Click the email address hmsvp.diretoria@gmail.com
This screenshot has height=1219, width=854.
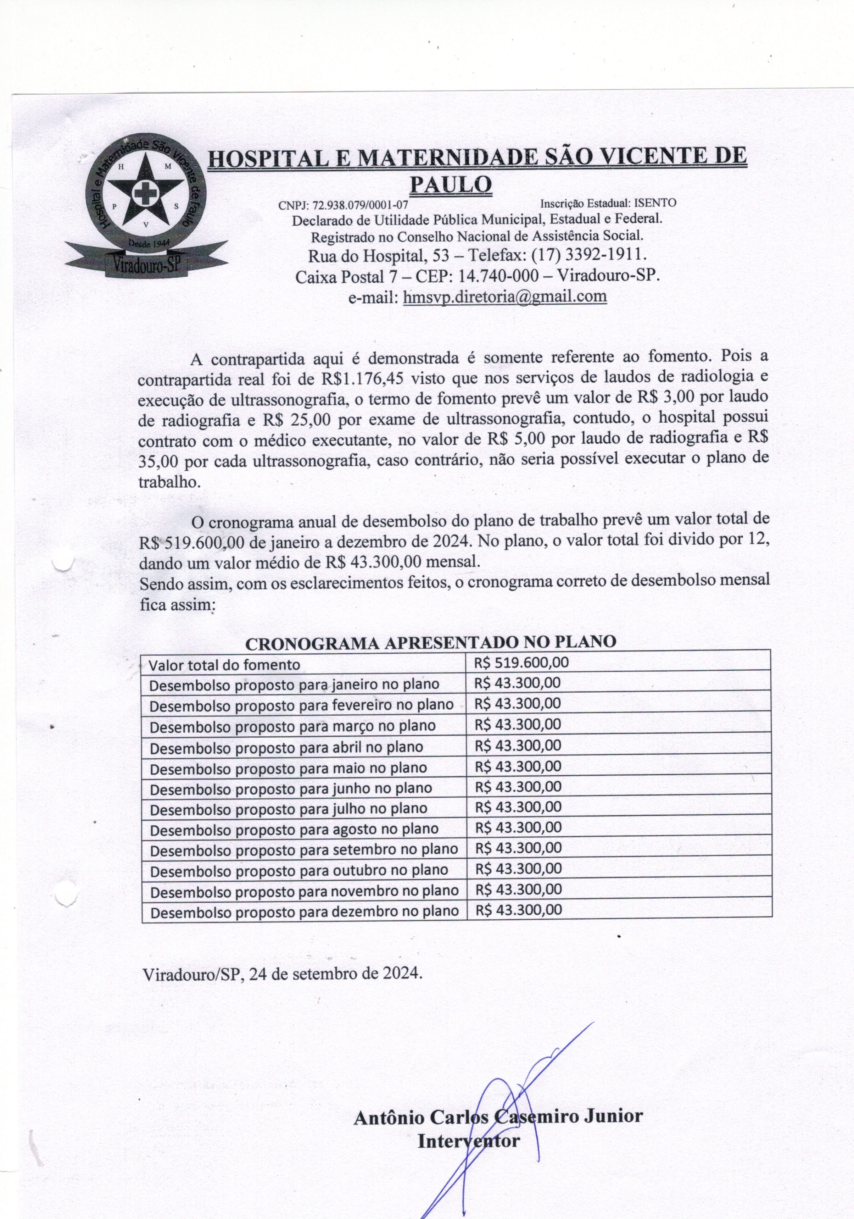tap(505, 296)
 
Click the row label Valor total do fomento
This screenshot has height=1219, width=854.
tap(224, 665)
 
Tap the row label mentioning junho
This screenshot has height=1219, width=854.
tap(291, 788)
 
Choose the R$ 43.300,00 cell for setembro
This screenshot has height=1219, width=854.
tap(519, 848)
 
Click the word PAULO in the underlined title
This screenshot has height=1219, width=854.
tap(451, 184)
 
